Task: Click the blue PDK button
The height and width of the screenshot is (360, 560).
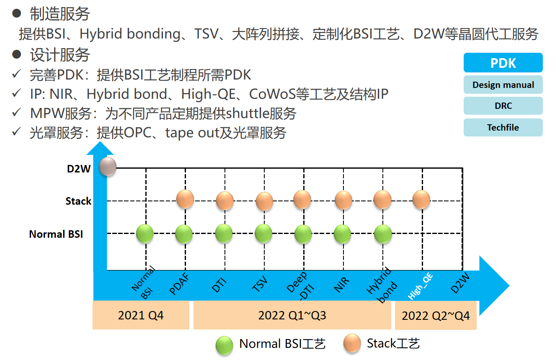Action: pos(503,63)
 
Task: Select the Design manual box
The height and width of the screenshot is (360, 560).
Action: pos(503,85)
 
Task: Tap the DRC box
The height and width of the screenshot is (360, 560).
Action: pos(503,105)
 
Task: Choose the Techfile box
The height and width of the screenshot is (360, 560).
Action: pos(503,127)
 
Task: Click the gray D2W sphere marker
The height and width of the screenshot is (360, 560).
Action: pos(108,166)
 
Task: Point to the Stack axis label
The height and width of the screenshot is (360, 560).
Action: pos(78,201)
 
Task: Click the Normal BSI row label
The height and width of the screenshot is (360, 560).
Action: pos(56,234)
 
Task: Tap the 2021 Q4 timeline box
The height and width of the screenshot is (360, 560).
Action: pos(141,315)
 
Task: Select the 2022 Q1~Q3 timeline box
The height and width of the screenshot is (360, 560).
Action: pos(292,315)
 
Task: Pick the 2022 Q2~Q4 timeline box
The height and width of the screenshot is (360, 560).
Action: pos(436,315)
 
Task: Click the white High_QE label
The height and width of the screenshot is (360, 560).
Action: pos(420,286)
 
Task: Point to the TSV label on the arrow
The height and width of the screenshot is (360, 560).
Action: pos(260,284)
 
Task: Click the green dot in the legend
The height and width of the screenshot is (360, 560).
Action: pos(224,345)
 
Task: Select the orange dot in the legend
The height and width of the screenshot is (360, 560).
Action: pos(352,343)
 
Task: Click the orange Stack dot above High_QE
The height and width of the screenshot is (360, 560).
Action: pos(421,199)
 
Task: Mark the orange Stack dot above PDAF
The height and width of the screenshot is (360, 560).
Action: pos(185,199)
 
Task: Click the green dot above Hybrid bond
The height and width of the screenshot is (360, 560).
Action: pos(383,234)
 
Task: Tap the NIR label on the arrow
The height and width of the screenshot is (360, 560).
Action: pos(341,284)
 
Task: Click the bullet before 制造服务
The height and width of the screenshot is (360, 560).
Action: pos(16,13)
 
